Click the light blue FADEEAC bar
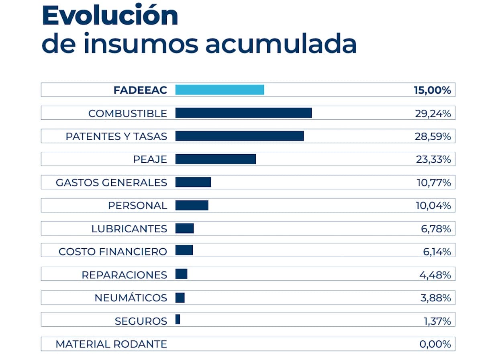[220, 90]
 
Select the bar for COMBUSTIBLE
[243, 113]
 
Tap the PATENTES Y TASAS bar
[239, 136]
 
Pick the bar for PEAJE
[215, 159]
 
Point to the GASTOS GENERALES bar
[193, 182]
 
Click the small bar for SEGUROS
[178, 320]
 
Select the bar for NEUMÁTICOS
[180, 298]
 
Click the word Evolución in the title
[110, 16]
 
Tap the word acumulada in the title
[281, 44]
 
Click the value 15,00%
[432, 90]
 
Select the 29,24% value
[433, 114]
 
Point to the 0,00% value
[435, 344]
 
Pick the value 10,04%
[433, 206]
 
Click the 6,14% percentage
[437, 252]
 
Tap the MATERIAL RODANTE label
[111, 344]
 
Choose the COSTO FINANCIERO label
[112, 252]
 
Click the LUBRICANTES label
[129, 229]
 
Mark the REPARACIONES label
[124, 275]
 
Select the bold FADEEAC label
[140, 90]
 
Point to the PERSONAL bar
[192, 205]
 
